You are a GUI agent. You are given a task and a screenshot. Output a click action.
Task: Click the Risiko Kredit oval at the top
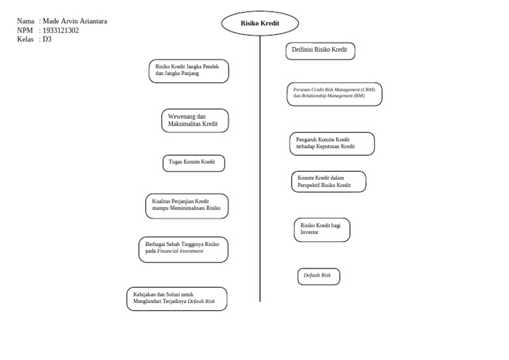[260, 23]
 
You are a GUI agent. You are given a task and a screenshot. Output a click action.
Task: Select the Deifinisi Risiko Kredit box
[320, 51]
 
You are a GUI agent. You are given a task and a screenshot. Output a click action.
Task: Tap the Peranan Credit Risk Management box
[334, 93]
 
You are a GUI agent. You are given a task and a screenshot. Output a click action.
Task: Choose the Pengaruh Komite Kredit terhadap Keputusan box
[331, 143]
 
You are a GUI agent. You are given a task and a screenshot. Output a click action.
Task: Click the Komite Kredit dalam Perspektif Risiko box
[328, 182]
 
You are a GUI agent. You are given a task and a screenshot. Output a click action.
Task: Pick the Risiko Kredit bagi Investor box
[321, 229]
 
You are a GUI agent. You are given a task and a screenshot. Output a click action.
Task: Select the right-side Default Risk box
[318, 276]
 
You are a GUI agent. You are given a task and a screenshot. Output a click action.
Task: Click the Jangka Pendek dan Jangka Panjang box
[188, 71]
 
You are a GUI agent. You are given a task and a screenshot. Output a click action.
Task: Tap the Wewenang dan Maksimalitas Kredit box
[195, 121]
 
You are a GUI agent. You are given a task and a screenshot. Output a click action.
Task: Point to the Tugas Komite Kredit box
[194, 163]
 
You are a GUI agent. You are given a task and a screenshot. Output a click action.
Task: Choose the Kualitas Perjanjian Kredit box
[187, 206]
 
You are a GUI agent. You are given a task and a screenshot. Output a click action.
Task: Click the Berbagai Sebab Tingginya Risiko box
[183, 249]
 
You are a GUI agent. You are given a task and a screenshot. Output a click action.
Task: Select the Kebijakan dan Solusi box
[176, 298]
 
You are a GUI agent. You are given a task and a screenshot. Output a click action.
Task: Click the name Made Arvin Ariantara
[74, 21]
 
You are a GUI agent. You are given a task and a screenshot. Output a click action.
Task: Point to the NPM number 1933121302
[60, 30]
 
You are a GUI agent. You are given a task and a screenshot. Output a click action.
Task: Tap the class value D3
[46, 39]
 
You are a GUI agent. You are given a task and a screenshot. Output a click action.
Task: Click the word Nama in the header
[26, 21]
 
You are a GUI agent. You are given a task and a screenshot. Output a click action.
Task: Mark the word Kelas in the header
[25, 39]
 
